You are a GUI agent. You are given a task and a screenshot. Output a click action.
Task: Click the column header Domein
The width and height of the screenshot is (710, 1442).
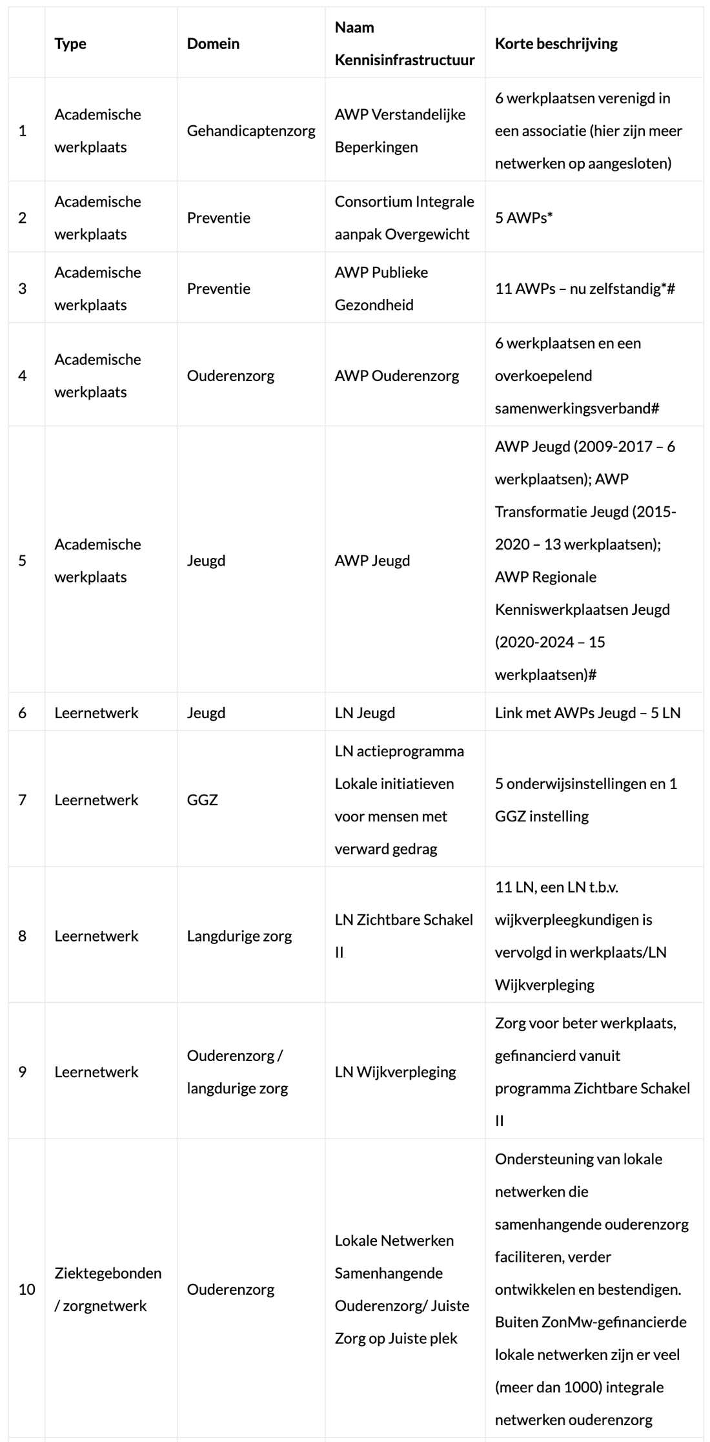213,44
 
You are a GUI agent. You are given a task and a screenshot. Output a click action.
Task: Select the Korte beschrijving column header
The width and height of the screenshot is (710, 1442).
556,44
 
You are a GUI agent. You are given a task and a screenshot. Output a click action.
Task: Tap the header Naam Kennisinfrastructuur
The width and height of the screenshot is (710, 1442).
404,44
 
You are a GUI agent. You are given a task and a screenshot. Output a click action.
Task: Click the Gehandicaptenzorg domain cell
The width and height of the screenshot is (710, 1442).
251,130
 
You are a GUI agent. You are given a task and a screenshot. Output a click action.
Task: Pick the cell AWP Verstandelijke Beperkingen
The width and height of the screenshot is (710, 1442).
400,130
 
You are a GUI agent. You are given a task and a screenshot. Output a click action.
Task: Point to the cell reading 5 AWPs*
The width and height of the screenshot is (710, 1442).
523,218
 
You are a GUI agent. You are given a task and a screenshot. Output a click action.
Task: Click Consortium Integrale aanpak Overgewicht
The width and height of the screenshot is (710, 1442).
404,218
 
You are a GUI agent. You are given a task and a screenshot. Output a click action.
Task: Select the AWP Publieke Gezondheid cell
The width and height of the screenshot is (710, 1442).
381,289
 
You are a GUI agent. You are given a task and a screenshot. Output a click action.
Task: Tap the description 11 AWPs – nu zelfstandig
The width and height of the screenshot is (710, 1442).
584,289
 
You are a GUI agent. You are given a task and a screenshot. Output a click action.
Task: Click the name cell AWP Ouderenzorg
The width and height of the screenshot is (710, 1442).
396,376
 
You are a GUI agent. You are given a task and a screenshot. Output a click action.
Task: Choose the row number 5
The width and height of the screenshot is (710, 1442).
23,561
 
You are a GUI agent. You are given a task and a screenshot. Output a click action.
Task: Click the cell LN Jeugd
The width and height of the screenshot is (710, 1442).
365,713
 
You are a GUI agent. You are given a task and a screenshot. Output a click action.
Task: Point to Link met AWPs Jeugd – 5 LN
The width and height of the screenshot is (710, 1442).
587,713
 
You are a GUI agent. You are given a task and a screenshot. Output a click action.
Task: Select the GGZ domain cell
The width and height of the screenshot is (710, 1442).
202,800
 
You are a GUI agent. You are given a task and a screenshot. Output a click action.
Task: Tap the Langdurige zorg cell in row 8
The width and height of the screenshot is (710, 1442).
239,936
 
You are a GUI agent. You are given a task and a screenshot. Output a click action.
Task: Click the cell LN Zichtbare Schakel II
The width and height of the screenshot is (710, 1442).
403,936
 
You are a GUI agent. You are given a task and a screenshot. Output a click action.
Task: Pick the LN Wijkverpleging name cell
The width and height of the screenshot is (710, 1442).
395,1072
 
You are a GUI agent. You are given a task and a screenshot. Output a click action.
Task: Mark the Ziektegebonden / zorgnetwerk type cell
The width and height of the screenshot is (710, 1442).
108,1290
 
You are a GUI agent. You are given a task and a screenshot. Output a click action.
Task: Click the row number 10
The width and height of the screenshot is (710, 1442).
26,1290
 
